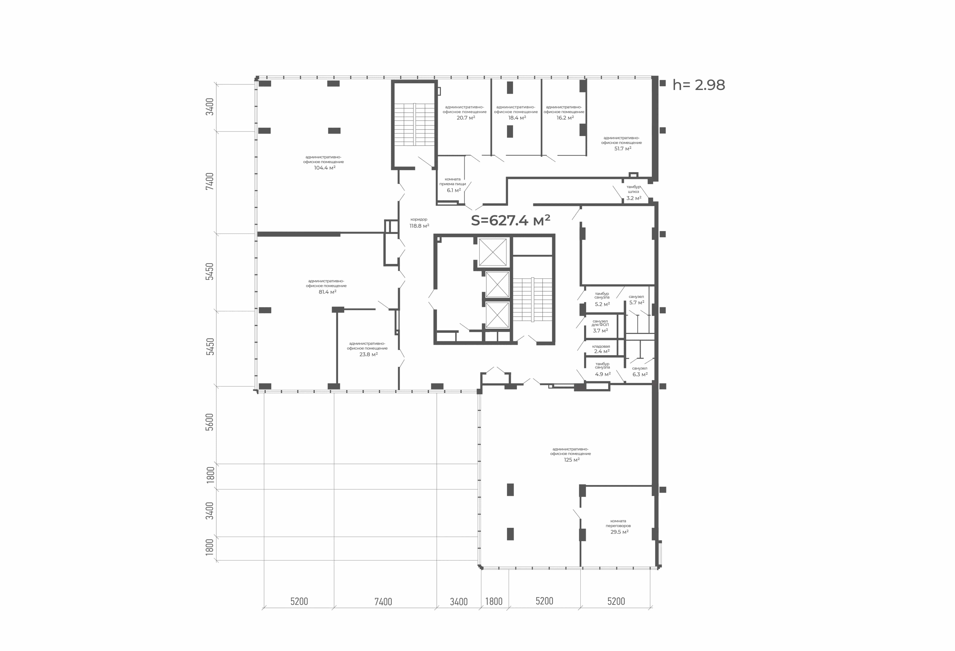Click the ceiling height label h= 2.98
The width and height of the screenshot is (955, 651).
[x=699, y=85]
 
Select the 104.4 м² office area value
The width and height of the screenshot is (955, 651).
[x=325, y=168]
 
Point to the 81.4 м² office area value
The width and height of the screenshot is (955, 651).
[x=328, y=292]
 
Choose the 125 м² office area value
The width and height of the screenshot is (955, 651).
[x=572, y=460]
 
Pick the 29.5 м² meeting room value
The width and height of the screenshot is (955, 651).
[x=619, y=532]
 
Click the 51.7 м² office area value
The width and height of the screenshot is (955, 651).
[x=622, y=149]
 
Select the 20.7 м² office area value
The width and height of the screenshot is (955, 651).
[x=466, y=118]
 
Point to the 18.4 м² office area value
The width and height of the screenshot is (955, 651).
[x=517, y=118]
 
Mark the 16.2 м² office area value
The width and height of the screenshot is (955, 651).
[x=565, y=118]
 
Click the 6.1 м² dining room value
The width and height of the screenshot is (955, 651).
[x=454, y=190]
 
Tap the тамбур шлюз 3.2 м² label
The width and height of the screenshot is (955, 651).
[x=634, y=193]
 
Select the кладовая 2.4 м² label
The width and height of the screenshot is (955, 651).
[x=601, y=349]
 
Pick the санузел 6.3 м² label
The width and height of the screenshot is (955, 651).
[x=640, y=372]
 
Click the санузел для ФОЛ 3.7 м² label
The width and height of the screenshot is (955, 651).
[x=600, y=326]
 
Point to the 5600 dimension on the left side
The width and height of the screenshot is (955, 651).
[x=210, y=422]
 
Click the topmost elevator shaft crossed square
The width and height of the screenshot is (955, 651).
[x=493, y=252]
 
